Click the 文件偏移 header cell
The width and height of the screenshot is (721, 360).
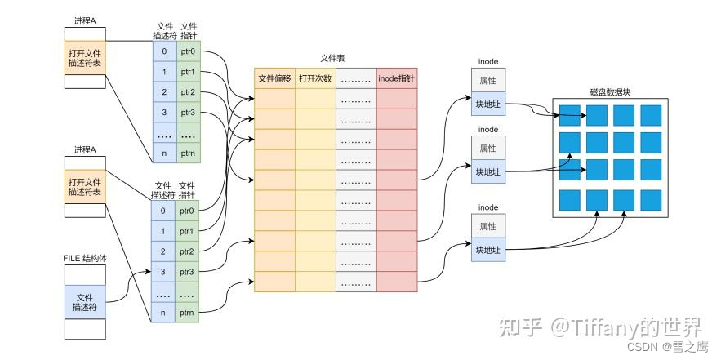(x=275, y=78)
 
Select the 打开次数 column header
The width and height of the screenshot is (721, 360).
(x=315, y=78)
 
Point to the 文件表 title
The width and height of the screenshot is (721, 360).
(x=335, y=60)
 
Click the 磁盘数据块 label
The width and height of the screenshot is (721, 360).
(x=612, y=92)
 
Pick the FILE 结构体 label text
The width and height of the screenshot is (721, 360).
(x=85, y=258)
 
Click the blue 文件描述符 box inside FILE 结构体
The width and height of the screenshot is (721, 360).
(x=85, y=302)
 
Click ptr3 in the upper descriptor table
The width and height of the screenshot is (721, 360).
(x=188, y=112)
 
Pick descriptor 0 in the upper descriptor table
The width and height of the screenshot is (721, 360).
(x=163, y=51)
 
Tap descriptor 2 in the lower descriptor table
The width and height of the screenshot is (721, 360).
(x=163, y=251)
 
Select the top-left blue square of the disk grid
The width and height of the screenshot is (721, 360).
(x=570, y=114)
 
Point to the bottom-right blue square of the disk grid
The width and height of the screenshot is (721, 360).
(x=652, y=198)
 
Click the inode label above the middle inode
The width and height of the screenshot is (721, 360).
(x=487, y=129)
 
